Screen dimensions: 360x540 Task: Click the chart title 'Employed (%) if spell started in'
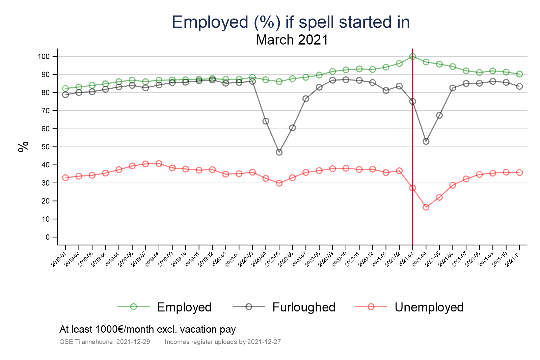coord(291,22)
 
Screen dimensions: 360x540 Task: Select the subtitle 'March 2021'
coord(292,40)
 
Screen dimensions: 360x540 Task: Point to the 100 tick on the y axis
coord(44,57)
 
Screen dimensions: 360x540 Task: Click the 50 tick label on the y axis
coord(46,147)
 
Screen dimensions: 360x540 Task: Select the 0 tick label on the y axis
coord(48,237)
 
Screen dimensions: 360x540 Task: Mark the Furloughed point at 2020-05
coord(279,152)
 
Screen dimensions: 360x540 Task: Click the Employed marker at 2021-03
coord(412,56)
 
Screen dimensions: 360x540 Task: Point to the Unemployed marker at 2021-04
coord(426,207)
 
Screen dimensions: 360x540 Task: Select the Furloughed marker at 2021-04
coord(426,141)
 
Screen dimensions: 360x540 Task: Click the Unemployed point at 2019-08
coord(159,164)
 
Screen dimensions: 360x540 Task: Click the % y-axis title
coord(24,147)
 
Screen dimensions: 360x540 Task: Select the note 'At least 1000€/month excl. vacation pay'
coord(147,329)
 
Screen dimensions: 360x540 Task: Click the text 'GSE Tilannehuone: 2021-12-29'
coord(105,342)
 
